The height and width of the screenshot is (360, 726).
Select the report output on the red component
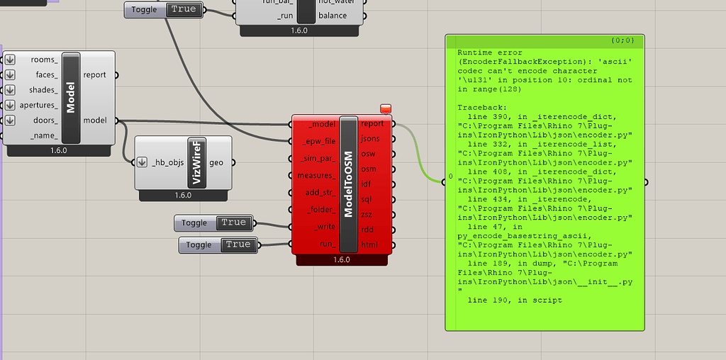click(x=372, y=124)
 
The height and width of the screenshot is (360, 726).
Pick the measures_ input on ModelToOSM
click(x=316, y=175)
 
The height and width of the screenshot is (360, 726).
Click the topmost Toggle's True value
click(x=183, y=9)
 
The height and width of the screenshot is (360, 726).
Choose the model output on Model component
click(x=95, y=120)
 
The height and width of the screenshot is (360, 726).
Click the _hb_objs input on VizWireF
click(x=167, y=162)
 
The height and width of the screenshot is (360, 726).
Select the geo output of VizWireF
click(x=216, y=162)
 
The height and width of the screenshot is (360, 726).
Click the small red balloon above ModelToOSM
click(x=386, y=108)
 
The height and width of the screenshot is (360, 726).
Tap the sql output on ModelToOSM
click(x=367, y=199)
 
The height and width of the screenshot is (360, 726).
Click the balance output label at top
click(x=333, y=16)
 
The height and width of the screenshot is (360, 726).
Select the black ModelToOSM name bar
click(x=349, y=184)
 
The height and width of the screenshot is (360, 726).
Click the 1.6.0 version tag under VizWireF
click(x=183, y=195)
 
